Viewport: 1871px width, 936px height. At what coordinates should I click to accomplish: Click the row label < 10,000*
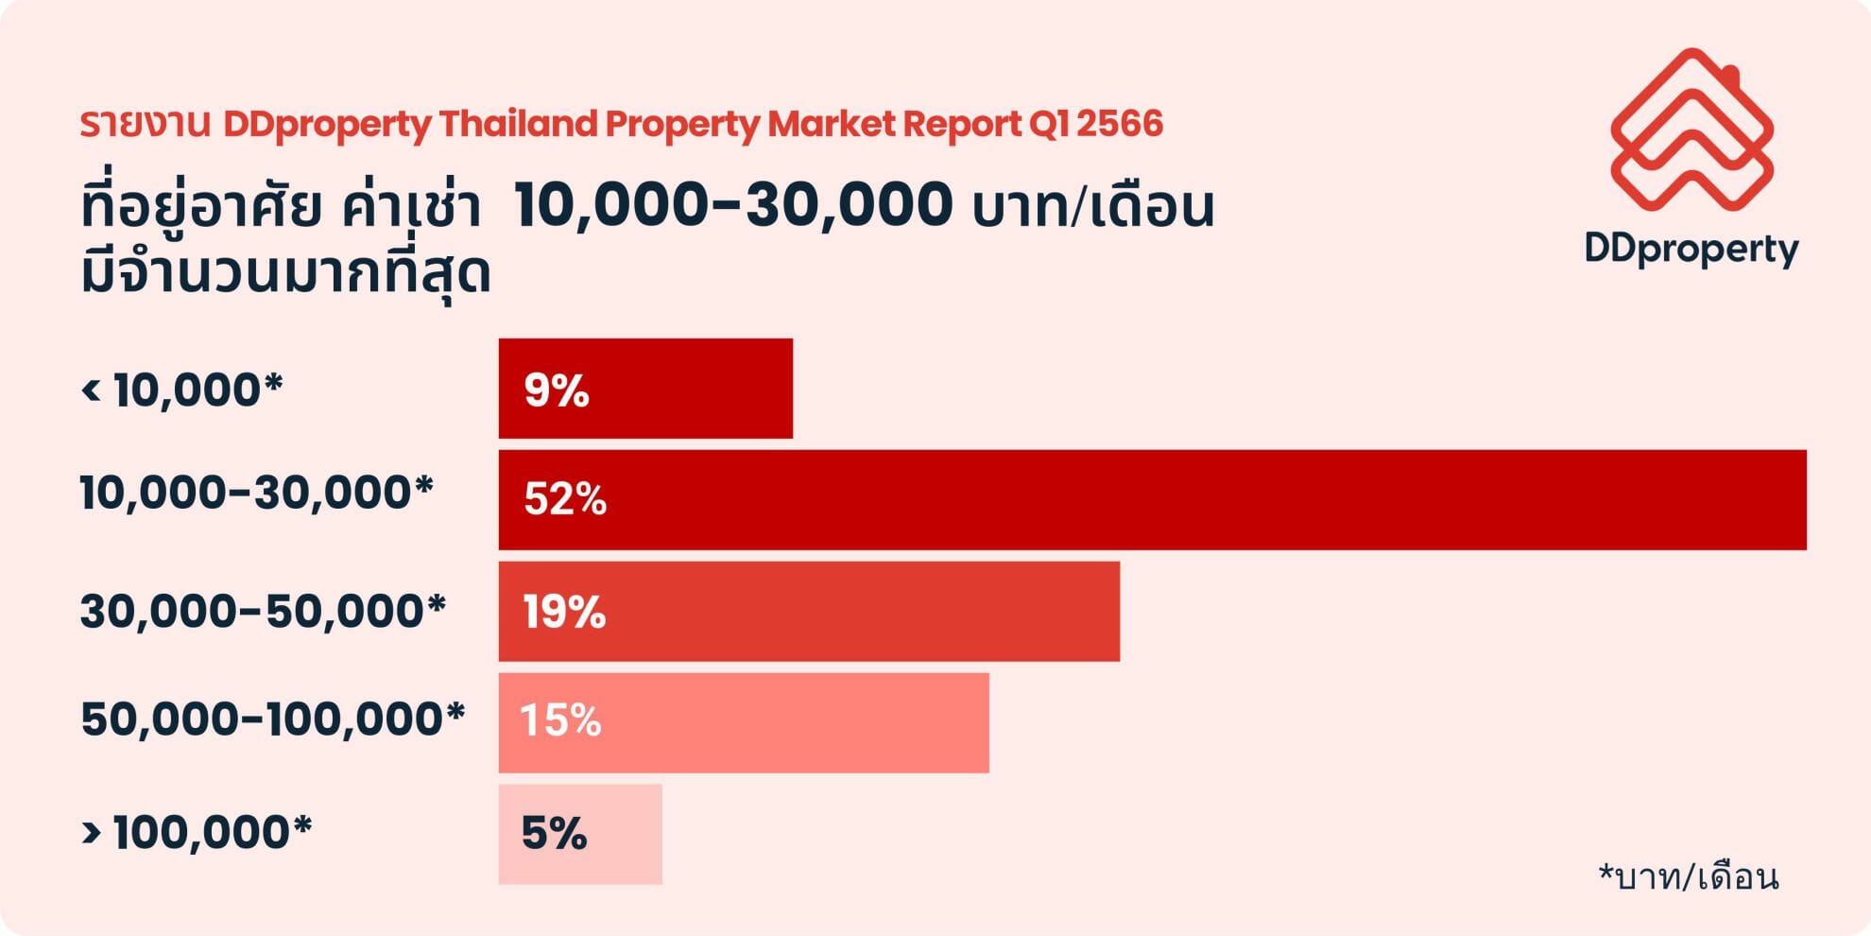click(x=182, y=390)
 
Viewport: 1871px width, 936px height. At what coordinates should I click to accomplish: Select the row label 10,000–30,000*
click(x=256, y=493)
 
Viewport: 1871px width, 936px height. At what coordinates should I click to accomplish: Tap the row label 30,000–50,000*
click(x=263, y=611)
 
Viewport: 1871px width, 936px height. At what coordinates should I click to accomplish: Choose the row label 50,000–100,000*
click(x=273, y=719)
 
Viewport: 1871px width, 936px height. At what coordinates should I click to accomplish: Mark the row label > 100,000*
click(x=197, y=832)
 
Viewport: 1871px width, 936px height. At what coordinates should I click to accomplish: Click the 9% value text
click(x=557, y=390)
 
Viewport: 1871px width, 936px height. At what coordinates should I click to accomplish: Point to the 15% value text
click(x=561, y=720)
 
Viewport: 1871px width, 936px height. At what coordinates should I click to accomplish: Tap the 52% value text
click(x=565, y=499)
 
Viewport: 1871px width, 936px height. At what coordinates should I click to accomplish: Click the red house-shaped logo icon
click(x=1691, y=130)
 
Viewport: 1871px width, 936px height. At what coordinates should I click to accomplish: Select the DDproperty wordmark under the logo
click(x=1691, y=249)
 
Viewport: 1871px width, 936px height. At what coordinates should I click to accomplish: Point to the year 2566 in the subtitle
click(x=1120, y=124)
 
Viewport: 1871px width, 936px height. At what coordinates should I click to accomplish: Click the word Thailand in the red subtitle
click(x=518, y=124)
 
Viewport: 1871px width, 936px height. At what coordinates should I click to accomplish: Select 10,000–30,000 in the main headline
click(x=733, y=205)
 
